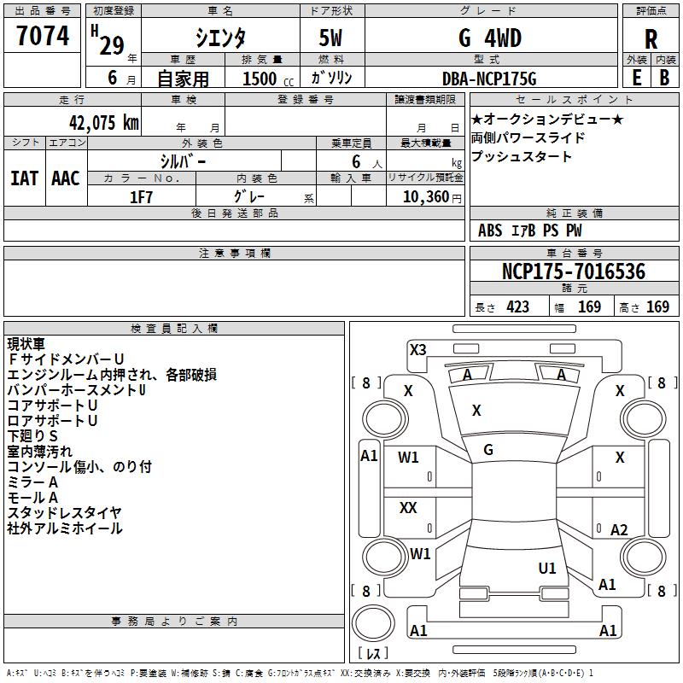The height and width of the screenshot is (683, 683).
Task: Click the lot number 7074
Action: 43,36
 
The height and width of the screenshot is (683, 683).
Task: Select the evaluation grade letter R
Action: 651,39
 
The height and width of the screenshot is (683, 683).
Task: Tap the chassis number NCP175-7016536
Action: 574,271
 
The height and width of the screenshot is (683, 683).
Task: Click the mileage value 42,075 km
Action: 104,123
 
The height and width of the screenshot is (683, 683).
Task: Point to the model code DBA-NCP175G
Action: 489,79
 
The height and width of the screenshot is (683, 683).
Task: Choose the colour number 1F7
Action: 141,197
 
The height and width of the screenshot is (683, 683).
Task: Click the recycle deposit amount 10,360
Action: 425,197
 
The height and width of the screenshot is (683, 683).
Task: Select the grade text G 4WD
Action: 490,38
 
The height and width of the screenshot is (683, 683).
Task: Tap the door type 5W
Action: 330,38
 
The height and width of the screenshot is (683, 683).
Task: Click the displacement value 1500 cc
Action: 268,79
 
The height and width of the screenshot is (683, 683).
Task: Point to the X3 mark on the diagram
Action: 417,350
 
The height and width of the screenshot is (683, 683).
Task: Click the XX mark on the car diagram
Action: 408,507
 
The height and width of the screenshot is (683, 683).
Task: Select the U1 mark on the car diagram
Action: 547,568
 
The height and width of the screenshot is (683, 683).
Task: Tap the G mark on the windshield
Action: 488,450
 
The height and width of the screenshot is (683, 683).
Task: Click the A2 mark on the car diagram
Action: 619,529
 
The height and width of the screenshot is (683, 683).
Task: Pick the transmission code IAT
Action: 24,178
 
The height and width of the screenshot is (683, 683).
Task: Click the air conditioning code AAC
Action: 66,178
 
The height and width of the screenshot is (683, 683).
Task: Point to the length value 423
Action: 518,307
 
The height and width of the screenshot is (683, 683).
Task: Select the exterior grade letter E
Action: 636,78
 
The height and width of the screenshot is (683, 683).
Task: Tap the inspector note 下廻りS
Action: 32,436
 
